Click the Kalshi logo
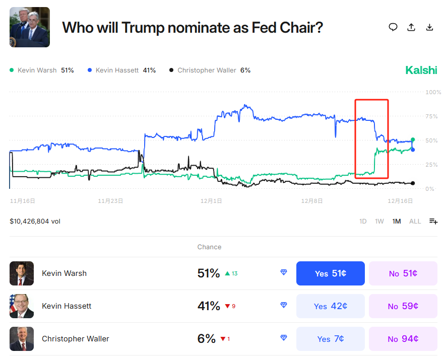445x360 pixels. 421,70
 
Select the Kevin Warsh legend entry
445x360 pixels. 41,70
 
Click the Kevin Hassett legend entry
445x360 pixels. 121,70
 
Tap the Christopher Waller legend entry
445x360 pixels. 210,70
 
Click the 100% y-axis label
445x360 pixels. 433,92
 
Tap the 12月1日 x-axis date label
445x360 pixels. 211,201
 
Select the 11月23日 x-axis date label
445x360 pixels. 110,201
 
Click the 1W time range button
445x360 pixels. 380,221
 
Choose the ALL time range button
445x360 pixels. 415,221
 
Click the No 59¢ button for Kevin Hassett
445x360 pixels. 403,306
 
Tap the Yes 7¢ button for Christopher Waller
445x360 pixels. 330,339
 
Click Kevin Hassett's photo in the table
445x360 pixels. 22,306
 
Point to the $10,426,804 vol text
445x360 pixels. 35,221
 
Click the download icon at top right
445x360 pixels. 429,27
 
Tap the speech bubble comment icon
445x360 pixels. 393,27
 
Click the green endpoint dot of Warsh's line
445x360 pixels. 413,139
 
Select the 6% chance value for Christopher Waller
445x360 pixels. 207,339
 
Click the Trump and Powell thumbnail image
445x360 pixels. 30,27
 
